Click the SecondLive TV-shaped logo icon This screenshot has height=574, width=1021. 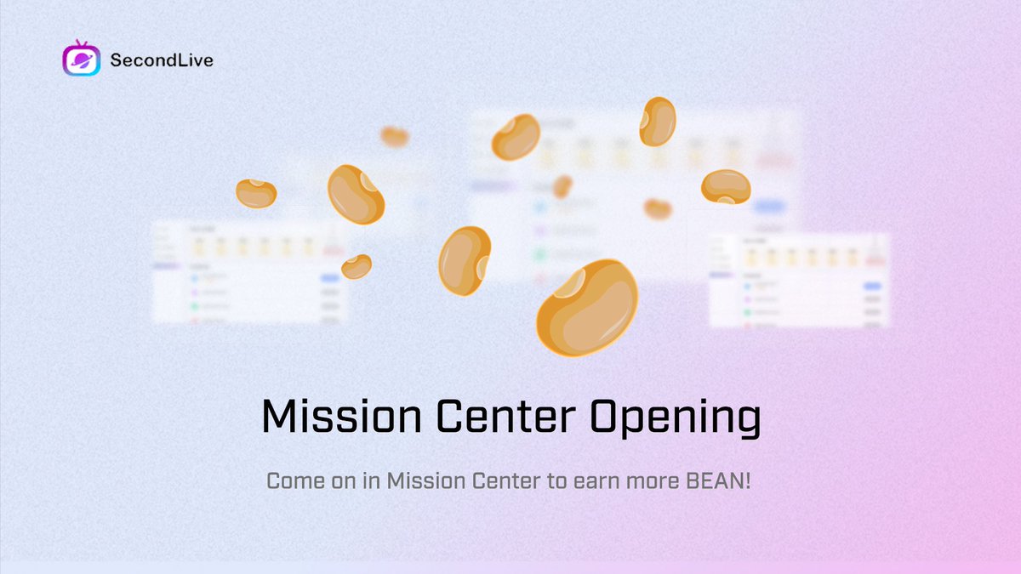[x=82, y=60]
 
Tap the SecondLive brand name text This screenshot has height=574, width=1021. [x=162, y=60]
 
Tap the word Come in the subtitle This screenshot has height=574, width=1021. [x=294, y=480]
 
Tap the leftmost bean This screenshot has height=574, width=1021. [x=255, y=193]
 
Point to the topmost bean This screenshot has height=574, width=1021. [x=657, y=121]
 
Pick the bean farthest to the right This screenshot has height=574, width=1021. [x=726, y=187]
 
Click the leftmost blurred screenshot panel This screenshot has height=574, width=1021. [x=249, y=271]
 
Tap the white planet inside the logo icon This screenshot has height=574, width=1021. [x=82, y=61]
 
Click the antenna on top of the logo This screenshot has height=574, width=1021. [x=82, y=43]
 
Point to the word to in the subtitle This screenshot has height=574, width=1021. [x=555, y=480]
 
